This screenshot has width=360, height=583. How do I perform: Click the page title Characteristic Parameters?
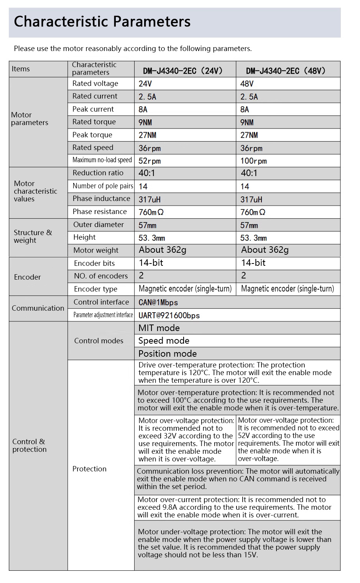tap(102, 22)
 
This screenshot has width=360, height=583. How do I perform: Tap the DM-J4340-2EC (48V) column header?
tap(286, 71)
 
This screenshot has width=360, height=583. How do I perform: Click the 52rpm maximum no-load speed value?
tap(150, 161)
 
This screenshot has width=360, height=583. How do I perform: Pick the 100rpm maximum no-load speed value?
tap(253, 161)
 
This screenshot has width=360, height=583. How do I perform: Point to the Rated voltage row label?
tap(95, 84)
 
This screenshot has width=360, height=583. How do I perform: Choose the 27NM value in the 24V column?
tap(147, 135)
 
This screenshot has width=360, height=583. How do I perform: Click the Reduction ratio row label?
tap(98, 173)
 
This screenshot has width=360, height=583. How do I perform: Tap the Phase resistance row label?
tap(99, 212)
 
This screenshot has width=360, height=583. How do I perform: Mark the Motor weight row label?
tap(96, 250)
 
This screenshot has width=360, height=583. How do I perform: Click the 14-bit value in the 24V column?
tap(151, 263)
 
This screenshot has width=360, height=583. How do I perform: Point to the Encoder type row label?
tap(95, 289)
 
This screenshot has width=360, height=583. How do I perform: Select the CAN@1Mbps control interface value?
tap(158, 303)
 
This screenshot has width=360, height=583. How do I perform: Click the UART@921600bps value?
tap(169, 316)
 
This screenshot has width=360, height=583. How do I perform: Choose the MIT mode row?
tap(159, 328)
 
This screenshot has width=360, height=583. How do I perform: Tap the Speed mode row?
tap(164, 341)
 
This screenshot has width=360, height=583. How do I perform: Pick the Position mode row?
tap(167, 354)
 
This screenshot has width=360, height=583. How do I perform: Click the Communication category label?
tap(38, 308)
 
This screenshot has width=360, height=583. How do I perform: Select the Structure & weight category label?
tap(33, 237)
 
